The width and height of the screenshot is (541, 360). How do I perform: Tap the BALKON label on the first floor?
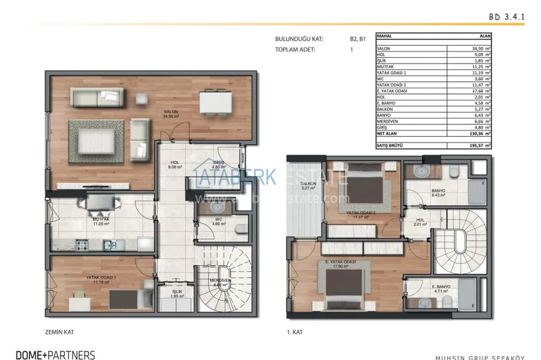[309, 184]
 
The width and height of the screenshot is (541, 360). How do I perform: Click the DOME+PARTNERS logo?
[55, 355]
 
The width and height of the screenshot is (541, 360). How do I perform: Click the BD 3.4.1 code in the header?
[507, 18]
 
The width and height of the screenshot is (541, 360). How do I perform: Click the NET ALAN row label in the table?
[388, 134]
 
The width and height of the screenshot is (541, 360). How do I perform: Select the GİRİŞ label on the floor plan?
[218, 162]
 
